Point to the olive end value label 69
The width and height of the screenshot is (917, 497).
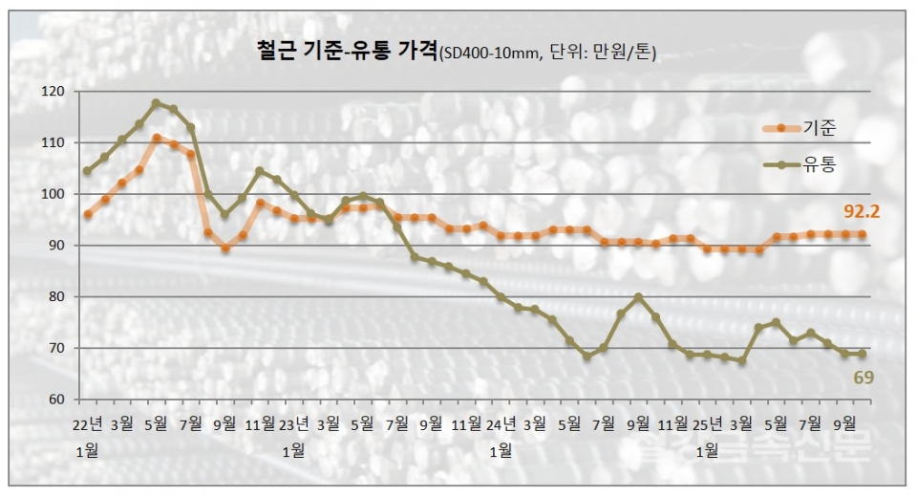tap(864, 378)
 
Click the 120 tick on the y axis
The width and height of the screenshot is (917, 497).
tap(53, 92)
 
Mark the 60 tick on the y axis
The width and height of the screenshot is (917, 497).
tap(56, 400)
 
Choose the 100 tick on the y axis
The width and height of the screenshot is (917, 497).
tap(53, 194)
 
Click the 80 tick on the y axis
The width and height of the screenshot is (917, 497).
tap(56, 297)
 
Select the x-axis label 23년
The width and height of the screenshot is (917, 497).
tap(294, 422)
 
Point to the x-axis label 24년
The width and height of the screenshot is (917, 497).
tap(501, 422)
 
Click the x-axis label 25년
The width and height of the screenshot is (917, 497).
tap(708, 422)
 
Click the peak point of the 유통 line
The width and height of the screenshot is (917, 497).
tap(157, 103)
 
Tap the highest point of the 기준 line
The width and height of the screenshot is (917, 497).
tap(157, 139)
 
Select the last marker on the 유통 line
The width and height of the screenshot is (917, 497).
tap(863, 354)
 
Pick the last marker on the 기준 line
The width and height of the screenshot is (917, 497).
tap(863, 234)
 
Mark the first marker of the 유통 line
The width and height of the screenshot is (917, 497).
tap(88, 171)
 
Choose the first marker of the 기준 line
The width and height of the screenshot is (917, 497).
tap(88, 214)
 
